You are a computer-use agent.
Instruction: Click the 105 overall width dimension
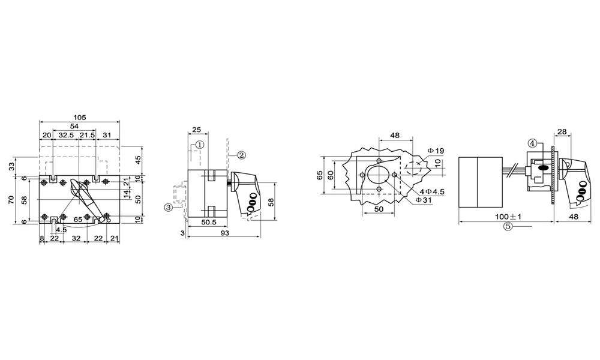(80, 117)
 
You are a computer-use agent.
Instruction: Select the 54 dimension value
(75, 126)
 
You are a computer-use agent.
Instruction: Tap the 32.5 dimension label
(66, 136)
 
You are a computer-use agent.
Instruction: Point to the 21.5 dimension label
(86, 136)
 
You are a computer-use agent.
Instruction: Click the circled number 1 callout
(200, 145)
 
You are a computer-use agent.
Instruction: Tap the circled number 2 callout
(241, 155)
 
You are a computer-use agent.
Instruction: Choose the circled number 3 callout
(168, 207)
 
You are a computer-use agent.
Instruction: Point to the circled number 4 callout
(532, 143)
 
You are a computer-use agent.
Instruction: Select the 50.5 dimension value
(208, 222)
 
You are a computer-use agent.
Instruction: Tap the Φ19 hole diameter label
(436, 151)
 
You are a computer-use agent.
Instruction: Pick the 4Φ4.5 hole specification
(431, 191)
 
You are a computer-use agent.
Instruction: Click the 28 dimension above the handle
(562, 131)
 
